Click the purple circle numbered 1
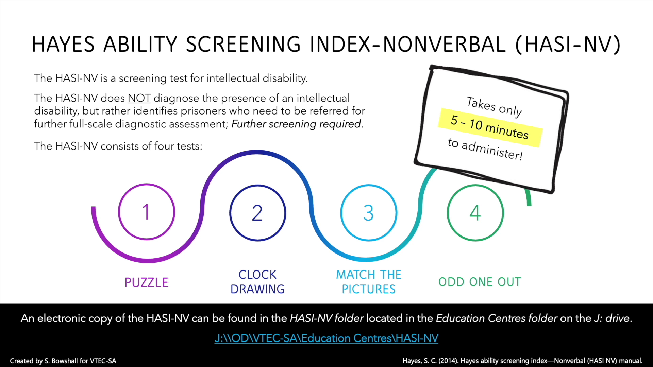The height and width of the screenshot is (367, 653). pyautogui.click(x=147, y=212)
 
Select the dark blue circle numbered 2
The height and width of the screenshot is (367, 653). pyautogui.click(x=257, y=213)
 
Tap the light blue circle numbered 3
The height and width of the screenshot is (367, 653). pyautogui.click(x=369, y=213)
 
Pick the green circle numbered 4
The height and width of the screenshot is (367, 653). pyautogui.click(x=475, y=213)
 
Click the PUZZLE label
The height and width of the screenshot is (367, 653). pyautogui.click(x=147, y=283)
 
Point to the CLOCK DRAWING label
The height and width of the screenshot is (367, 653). pyautogui.click(x=257, y=282)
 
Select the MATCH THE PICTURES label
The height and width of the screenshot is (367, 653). pyautogui.click(x=369, y=282)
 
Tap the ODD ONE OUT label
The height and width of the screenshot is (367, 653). pyautogui.click(x=480, y=282)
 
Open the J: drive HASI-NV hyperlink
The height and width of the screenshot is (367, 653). pyautogui.click(x=326, y=338)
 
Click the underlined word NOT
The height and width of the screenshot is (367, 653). pyautogui.click(x=139, y=98)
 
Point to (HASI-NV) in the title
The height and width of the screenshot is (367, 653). pyautogui.click(x=568, y=45)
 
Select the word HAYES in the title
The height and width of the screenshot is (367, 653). pyautogui.click(x=63, y=45)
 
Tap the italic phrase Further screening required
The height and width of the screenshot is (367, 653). pyautogui.click(x=296, y=124)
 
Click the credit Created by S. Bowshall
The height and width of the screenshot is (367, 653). pyautogui.click(x=63, y=361)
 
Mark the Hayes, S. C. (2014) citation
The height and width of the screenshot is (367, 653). pyautogui.click(x=522, y=361)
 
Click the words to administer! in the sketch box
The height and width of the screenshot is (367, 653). pyautogui.click(x=485, y=149)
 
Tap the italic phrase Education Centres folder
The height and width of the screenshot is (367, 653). pyautogui.click(x=497, y=318)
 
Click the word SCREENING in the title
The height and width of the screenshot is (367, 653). pyautogui.click(x=243, y=45)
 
